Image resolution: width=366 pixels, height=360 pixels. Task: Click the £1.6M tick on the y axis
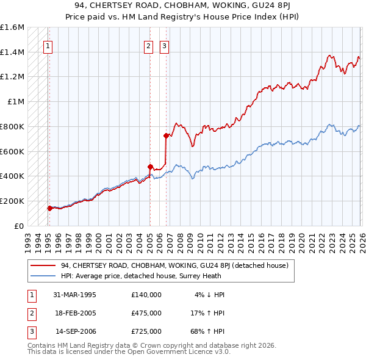coord(12,27)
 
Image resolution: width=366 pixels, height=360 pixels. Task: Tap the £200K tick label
coord(12,201)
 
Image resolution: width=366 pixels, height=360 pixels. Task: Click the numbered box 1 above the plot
coord(47,45)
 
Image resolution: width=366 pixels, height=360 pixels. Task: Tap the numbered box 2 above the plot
coord(148,45)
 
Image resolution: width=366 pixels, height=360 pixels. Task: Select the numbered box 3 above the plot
coord(165,45)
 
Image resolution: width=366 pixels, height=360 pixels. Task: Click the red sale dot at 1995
coord(49,208)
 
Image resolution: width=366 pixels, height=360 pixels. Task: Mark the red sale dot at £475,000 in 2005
coord(149,167)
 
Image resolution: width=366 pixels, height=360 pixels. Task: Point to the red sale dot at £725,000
coord(165,135)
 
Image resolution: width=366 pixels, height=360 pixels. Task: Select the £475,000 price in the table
coord(146,313)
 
